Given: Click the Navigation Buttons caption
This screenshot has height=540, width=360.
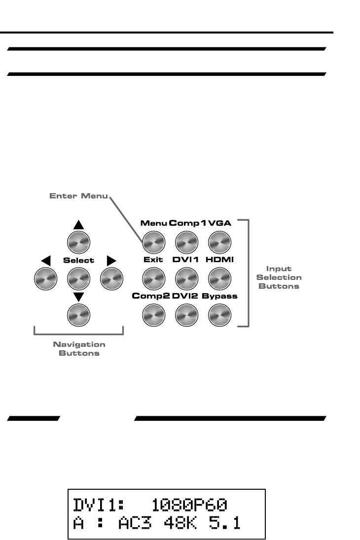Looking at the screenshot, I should (79, 349).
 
